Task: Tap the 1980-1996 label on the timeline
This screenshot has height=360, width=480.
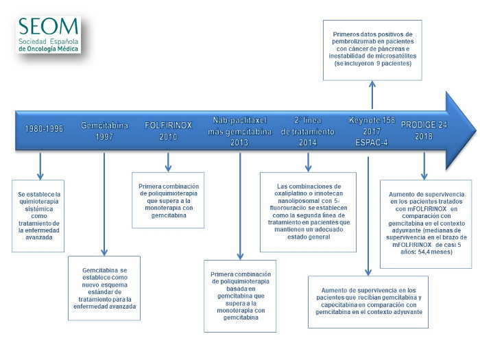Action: [x=44, y=128]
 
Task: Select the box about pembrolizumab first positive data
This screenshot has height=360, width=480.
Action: [x=372, y=50]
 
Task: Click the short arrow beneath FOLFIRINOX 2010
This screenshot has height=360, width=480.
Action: [x=169, y=162]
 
